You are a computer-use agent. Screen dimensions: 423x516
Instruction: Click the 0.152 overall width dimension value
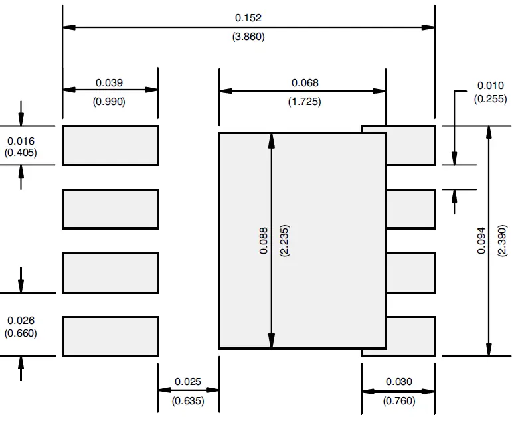248,18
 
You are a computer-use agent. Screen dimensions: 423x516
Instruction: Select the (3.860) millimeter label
248,37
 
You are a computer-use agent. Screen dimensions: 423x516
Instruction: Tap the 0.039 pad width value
110,82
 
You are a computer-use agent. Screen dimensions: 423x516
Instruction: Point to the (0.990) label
110,102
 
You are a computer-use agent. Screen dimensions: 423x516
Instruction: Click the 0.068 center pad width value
305,82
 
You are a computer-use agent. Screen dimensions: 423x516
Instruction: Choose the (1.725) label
305,102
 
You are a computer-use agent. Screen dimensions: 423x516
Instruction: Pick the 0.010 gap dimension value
491,86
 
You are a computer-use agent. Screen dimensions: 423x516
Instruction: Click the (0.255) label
491,98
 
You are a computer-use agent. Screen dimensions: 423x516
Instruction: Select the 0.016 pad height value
21,141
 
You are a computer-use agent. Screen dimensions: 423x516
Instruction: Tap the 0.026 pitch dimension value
21,321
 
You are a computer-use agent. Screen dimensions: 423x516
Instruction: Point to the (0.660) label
21,333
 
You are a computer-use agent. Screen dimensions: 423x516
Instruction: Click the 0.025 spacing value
188,381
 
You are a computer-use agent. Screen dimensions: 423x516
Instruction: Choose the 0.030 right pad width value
398,381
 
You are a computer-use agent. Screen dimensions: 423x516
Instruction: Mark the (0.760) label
398,400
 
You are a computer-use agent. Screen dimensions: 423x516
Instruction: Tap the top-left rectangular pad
110,145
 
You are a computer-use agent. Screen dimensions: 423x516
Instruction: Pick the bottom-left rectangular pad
110,336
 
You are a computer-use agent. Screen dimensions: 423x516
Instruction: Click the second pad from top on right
410,209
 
